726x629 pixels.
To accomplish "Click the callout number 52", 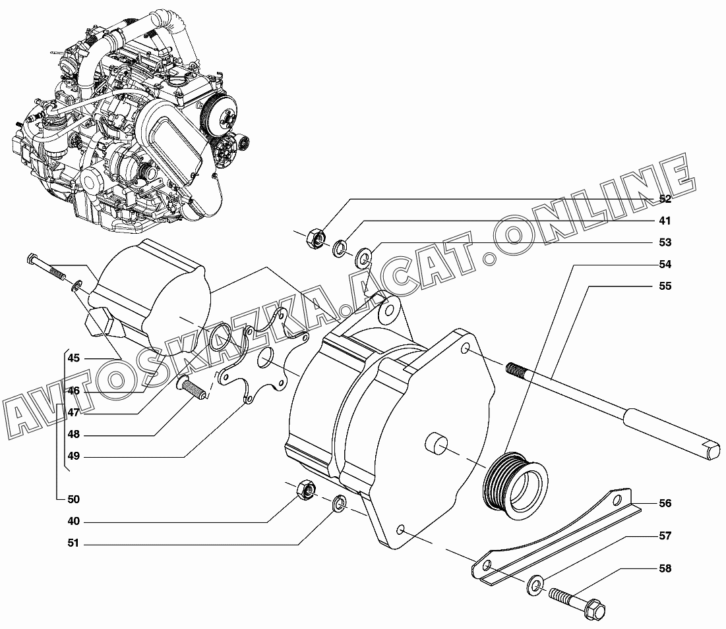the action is [665, 199].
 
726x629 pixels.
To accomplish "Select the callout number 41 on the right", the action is [665, 221].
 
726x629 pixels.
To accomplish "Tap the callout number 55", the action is [665, 286].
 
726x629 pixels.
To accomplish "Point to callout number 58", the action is [665, 568].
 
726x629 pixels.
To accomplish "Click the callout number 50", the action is [74, 499].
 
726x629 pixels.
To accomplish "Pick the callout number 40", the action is [74, 521].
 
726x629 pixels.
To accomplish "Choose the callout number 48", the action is [74, 434].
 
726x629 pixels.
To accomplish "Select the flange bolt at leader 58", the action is [578, 602].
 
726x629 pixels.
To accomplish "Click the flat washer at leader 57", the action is [535, 586].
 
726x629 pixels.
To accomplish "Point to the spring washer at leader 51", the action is [340, 504].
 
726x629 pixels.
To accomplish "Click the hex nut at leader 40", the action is [306, 489].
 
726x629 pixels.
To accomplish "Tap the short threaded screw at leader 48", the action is [193, 387].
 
